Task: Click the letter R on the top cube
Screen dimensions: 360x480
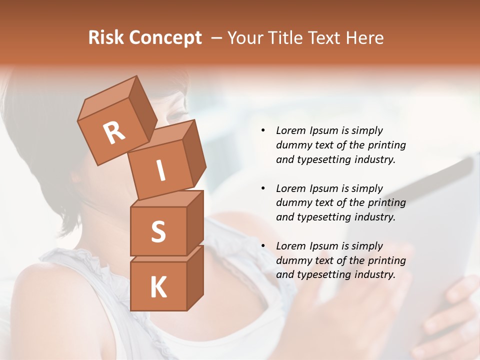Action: click(x=114, y=132)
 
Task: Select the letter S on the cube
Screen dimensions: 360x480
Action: click(x=158, y=232)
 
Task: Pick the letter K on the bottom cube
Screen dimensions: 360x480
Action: click(x=158, y=287)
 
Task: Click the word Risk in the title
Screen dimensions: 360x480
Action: click(x=106, y=37)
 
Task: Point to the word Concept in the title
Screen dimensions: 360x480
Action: click(x=165, y=37)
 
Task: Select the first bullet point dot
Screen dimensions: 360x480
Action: click(x=263, y=131)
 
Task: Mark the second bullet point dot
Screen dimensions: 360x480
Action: click(x=263, y=188)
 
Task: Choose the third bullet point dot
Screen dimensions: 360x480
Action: click(x=263, y=246)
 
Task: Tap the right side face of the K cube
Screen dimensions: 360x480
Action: click(x=195, y=277)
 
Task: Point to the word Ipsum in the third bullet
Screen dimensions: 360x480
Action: click(x=324, y=246)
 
